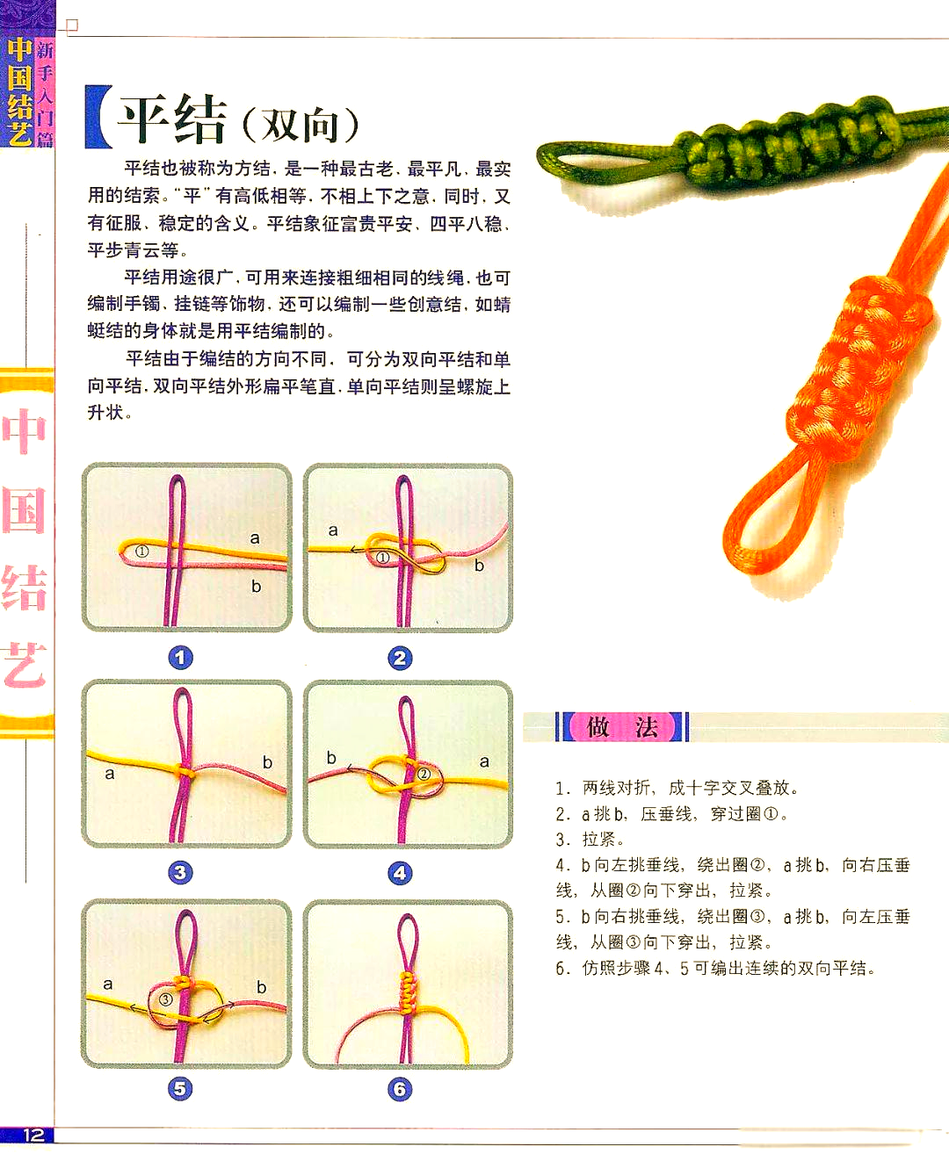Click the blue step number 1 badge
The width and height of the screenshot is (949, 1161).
(x=181, y=658)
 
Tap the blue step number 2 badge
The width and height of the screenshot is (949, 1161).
(x=401, y=658)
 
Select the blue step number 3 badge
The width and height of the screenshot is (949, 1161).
(x=180, y=872)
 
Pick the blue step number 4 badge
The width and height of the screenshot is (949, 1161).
(x=401, y=873)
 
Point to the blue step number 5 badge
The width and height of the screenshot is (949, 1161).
(x=180, y=1089)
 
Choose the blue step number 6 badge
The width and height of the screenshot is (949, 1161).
(x=401, y=1090)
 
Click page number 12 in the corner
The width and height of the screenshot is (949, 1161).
(x=33, y=1135)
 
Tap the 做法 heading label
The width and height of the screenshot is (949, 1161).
(x=622, y=727)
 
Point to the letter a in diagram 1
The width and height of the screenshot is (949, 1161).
(x=255, y=538)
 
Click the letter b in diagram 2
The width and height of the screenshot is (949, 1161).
(x=479, y=566)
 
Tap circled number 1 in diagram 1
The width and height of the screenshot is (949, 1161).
(x=141, y=552)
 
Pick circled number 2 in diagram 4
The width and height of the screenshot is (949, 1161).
(x=424, y=774)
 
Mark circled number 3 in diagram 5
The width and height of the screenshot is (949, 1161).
(x=165, y=999)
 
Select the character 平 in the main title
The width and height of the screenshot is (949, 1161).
(x=146, y=119)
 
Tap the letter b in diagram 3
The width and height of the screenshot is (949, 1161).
(x=267, y=762)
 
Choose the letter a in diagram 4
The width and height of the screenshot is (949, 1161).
(x=484, y=761)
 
